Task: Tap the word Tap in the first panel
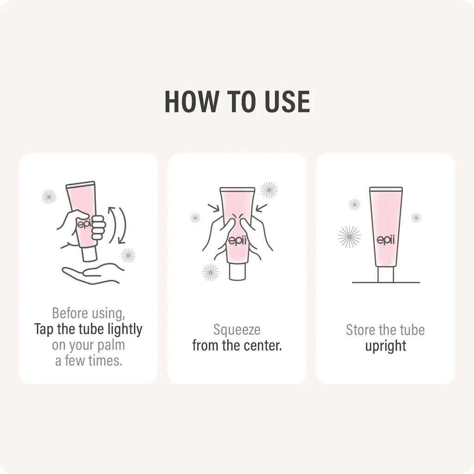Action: click(x=44, y=330)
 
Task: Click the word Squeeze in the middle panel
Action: click(x=237, y=330)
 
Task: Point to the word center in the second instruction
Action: click(x=262, y=345)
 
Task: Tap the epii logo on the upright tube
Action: click(x=386, y=240)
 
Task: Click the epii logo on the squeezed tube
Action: click(x=237, y=241)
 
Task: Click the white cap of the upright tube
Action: click(x=386, y=274)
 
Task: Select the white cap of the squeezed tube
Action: click(x=237, y=272)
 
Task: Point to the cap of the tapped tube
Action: click(x=90, y=254)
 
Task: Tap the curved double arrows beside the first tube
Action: click(x=117, y=225)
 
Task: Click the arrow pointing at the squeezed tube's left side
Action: click(x=214, y=208)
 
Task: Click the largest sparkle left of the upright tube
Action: click(x=349, y=237)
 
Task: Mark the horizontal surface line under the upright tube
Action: click(x=386, y=283)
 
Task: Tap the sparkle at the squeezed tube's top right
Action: click(x=269, y=190)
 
